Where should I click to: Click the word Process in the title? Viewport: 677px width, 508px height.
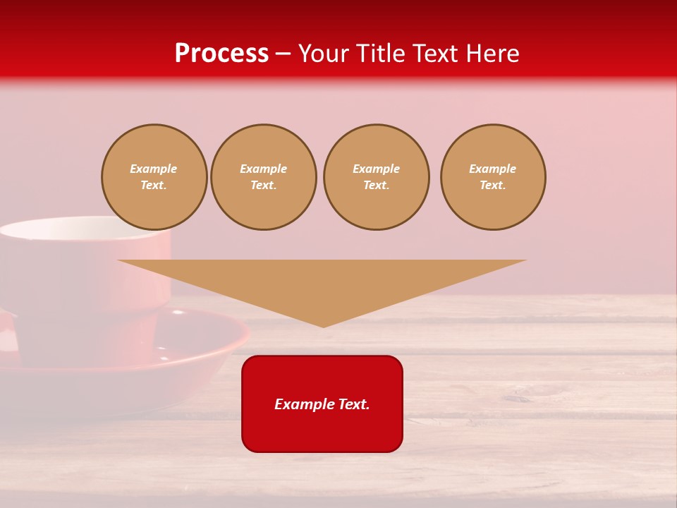point(221,54)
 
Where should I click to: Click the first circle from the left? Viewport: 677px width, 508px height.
point(154,177)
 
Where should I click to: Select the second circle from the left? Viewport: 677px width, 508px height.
point(264,177)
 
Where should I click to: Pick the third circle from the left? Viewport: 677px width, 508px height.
point(377,177)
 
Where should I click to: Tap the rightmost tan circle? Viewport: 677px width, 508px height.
point(493,177)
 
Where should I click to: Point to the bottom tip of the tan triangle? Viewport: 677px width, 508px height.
point(323,327)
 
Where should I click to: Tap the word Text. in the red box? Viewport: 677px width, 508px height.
point(353,404)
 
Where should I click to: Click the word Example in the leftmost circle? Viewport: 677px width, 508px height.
point(154,169)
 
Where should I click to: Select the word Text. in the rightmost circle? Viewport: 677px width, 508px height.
point(493,185)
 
